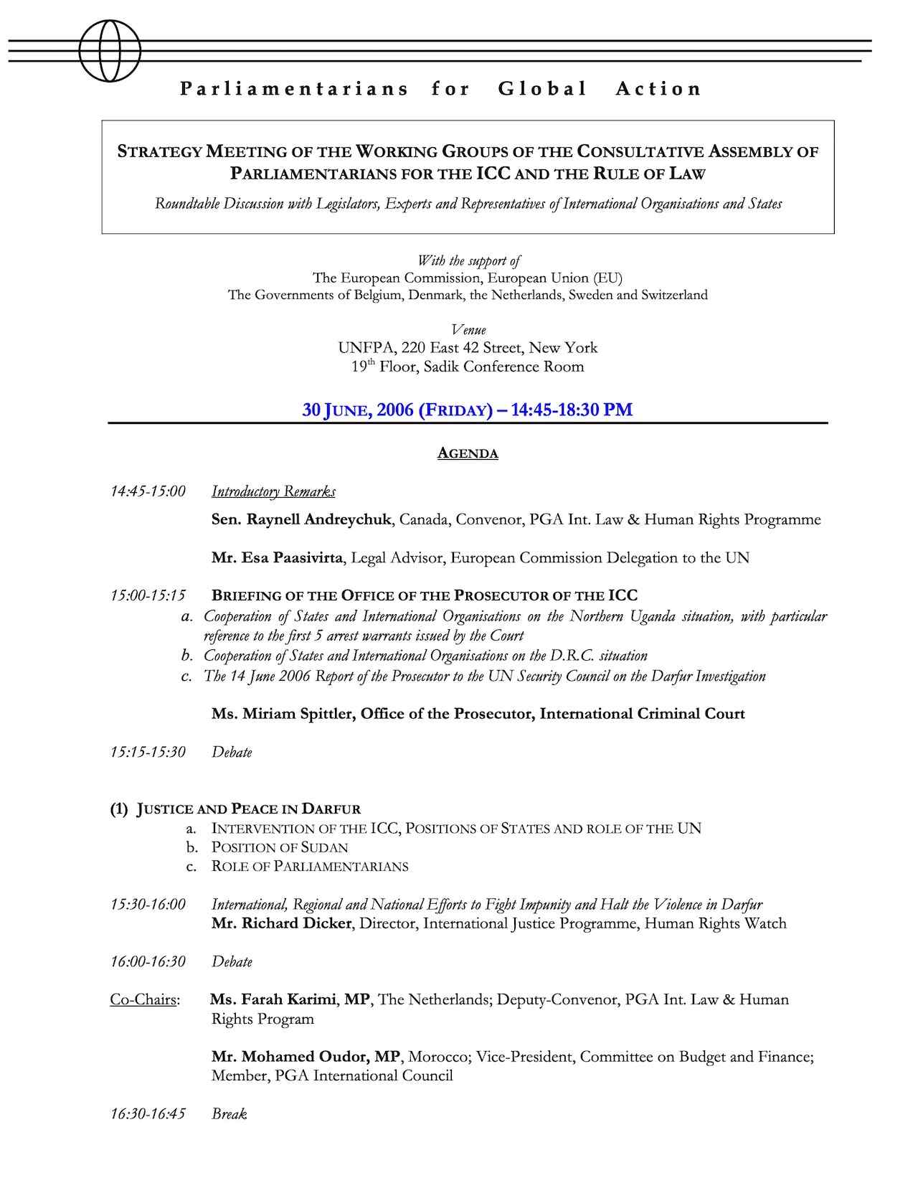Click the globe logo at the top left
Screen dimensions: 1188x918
110,51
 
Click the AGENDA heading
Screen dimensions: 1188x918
468,453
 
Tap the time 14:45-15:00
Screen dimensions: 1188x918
148,491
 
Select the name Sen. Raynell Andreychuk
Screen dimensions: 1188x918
301,519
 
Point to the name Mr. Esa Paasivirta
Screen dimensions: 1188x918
276,557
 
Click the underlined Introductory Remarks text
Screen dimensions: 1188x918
273,491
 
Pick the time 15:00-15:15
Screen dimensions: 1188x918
148,595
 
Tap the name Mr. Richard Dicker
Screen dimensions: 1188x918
281,923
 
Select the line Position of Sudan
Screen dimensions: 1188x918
280,847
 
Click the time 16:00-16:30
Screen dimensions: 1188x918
148,961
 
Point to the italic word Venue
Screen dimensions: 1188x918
468,330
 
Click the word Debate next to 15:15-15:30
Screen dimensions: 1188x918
232,753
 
